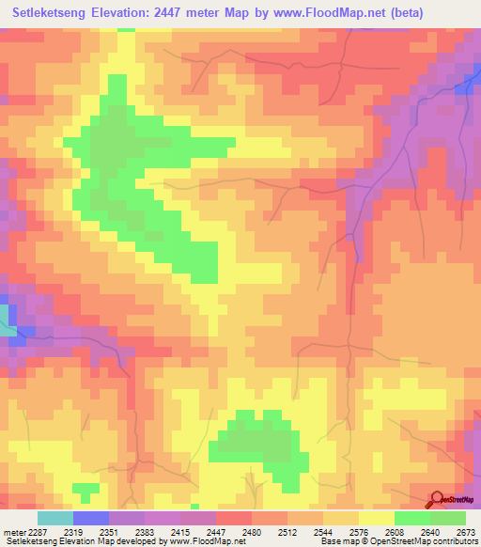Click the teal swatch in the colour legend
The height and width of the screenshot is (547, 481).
tap(55, 518)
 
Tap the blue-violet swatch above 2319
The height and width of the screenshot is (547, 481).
tap(91, 518)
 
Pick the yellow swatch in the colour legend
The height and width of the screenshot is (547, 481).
tap(377, 518)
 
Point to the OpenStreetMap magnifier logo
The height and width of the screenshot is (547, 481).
tap(437, 498)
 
